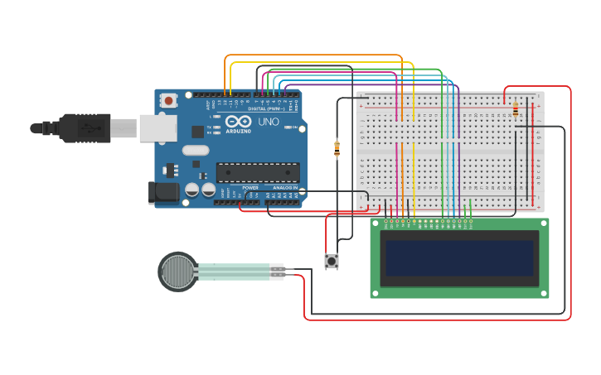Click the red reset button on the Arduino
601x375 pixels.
click(169, 101)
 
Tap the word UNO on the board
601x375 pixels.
click(268, 122)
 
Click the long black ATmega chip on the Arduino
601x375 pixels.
click(258, 172)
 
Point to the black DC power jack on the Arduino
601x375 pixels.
click(163, 193)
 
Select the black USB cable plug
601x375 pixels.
click(83, 127)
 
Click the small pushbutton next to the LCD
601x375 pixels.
click(332, 262)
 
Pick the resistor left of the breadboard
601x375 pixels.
click(337, 149)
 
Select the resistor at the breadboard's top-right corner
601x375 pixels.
click(516, 109)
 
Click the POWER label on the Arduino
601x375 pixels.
click(250, 188)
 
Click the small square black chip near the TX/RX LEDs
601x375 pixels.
click(197, 131)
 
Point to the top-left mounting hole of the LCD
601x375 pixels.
click(376, 223)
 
